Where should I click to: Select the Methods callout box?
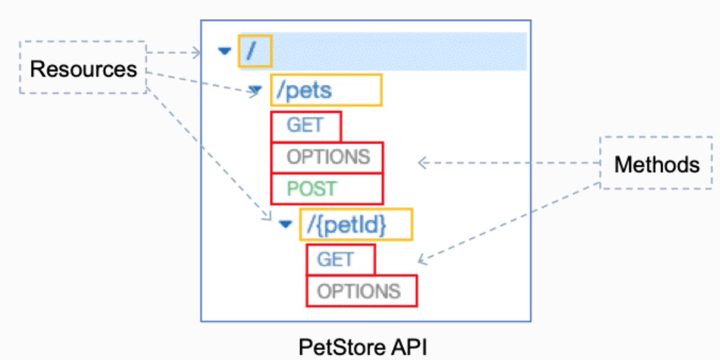click(656, 163)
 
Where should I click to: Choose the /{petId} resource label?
click(355, 225)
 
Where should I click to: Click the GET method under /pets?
click(305, 126)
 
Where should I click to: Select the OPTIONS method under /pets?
click(328, 157)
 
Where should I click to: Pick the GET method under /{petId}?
click(335, 260)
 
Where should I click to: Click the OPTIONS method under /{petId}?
click(358, 291)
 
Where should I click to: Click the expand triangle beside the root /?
click(224, 51)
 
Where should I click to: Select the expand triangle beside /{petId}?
click(285, 224)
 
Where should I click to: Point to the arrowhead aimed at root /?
click(198, 53)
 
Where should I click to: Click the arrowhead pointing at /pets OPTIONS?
click(421, 162)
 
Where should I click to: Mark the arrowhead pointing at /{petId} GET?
click(421, 259)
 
